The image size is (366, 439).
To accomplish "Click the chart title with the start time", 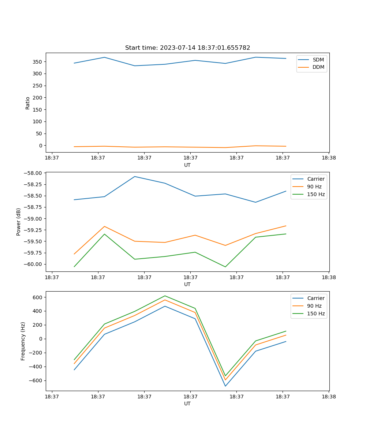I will click(x=187, y=48).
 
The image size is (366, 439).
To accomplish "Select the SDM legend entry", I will click(x=318, y=60).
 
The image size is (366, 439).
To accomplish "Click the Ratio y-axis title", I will click(x=28, y=103).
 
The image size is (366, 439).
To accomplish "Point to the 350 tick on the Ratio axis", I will click(x=38, y=62).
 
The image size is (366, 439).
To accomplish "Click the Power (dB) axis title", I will click(x=19, y=222).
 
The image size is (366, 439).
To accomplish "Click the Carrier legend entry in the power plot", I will click(x=315, y=179).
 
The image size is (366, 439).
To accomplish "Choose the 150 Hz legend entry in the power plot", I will click(x=315, y=194).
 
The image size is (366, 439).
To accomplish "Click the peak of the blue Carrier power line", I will click(x=135, y=176).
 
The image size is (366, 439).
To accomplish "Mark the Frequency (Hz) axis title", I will click(x=23, y=341).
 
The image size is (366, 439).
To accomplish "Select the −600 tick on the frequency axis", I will click(x=36, y=380).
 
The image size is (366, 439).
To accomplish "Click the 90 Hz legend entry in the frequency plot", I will click(x=314, y=306).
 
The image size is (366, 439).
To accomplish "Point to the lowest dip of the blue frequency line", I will click(x=225, y=386).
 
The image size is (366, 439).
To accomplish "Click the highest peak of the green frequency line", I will click(x=165, y=296).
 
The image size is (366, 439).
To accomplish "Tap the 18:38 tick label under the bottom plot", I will click(x=329, y=396).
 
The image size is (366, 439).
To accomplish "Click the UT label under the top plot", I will click(x=187, y=165).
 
